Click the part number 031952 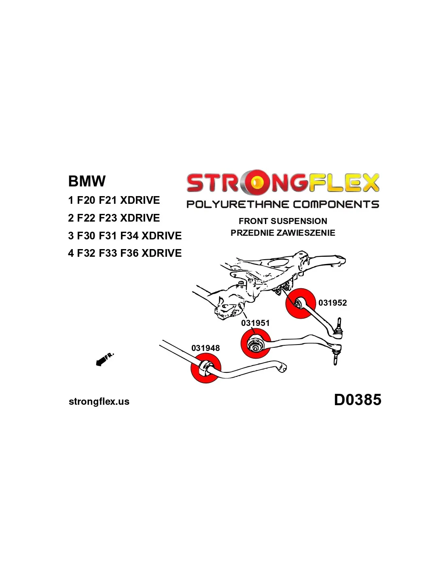[332, 303]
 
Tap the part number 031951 [255, 323]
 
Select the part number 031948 [206, 348]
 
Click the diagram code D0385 [357, 400]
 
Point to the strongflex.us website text [99, 402]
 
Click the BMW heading [87, 181]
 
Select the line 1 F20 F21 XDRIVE [114, 200]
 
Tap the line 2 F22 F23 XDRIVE [114, 218]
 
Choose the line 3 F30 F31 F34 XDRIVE [125, 236]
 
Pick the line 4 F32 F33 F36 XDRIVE [125, 253]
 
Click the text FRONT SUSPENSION [283, 221]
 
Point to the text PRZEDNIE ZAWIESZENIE [283, 233]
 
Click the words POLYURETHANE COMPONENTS [283, 204]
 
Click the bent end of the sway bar [282, 367]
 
